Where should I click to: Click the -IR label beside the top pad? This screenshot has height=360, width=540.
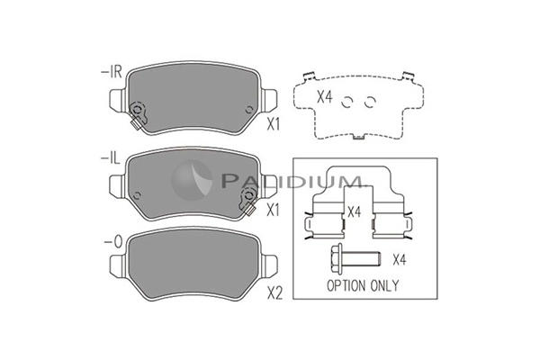pyautogui.click(x=112, y=72)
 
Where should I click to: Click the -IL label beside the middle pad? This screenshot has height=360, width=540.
pyautogui.click(x=110, y=158)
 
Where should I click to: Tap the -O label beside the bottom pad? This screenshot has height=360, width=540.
pyautogui.click(x=113, y=242)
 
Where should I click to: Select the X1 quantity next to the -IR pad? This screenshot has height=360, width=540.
pyautogui.click(x=274, y=124)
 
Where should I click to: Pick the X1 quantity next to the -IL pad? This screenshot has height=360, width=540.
pyautogui.click(x=273, y=210)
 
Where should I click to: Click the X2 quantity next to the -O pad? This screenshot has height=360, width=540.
pyautogui.click(x=274, y=293)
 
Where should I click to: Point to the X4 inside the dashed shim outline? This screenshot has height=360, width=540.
pyautogui.click(x=324, y=97)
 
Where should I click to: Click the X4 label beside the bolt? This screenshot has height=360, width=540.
pyautogui.click(x=400, y=259)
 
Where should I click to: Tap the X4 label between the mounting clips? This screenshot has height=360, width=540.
pyautogui.click(x=354, y=211)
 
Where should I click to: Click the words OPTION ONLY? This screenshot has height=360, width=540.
pyautogui.click(x=363, y=285)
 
